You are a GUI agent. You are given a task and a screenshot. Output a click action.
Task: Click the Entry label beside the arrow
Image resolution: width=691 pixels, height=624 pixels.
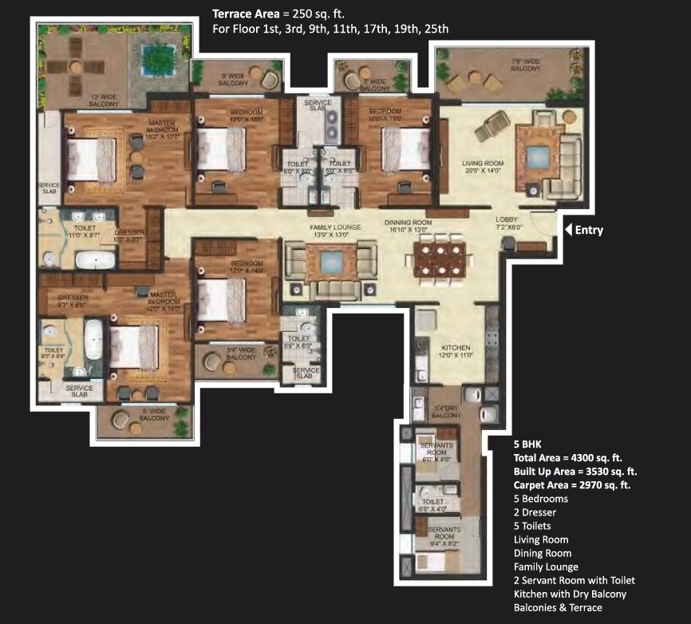coord(587,231)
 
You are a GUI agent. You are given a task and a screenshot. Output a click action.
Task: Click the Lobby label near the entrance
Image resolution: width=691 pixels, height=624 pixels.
coord(507,223)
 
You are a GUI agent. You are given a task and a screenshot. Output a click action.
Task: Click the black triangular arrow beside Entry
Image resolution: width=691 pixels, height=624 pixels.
coord(568,231)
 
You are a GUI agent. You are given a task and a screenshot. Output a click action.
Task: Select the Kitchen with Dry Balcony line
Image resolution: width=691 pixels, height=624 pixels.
coord(569,594)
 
